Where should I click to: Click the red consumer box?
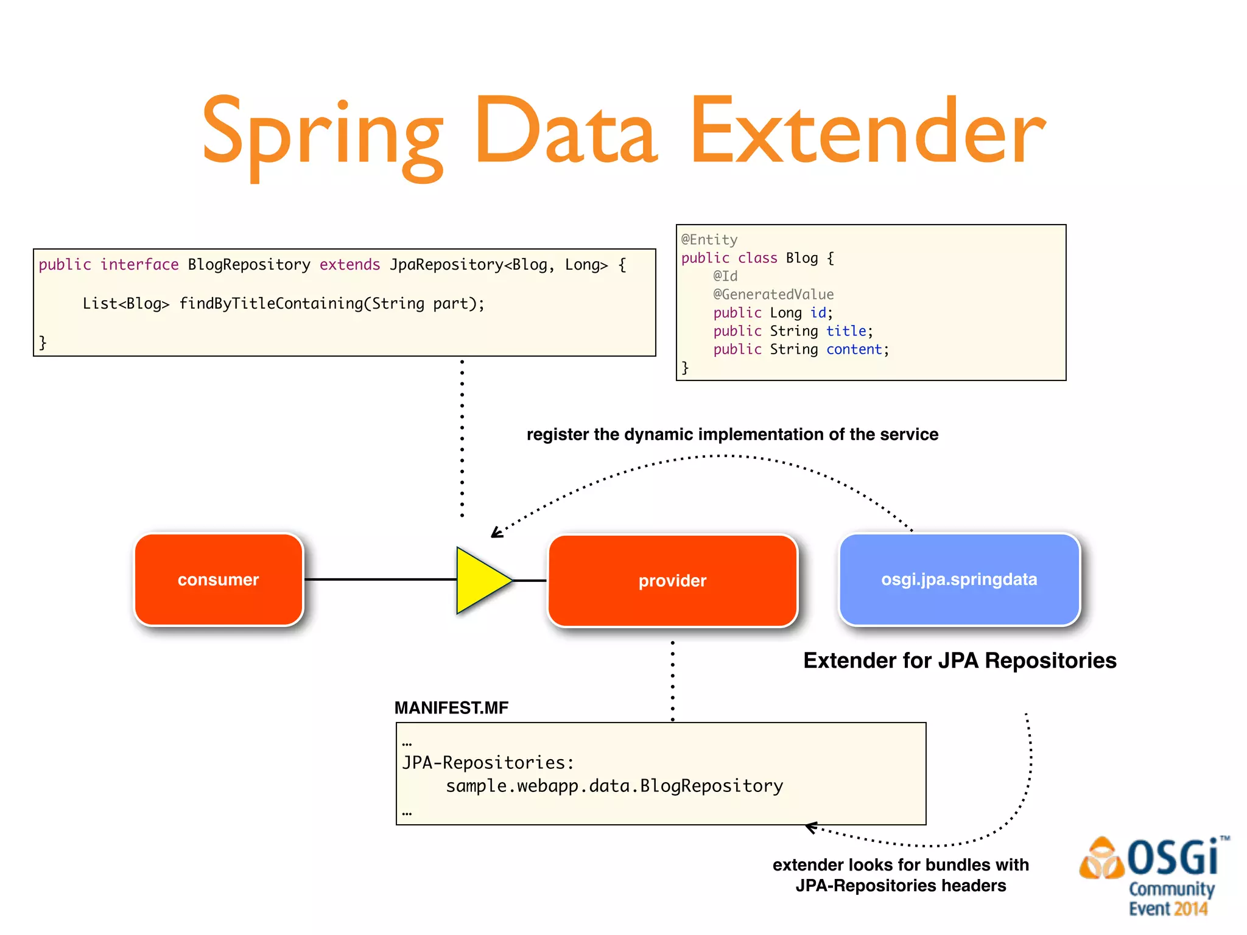[219, 580]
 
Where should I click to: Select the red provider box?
[672, 581]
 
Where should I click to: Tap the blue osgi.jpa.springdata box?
[959, 580]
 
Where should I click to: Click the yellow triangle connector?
[481, 580]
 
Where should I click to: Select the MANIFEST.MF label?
[451, 708]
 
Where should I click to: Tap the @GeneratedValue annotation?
[773, 295]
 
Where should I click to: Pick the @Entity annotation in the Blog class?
[709, 240]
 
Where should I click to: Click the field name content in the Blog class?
[854, 349]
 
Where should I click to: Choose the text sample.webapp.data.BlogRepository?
[614, 786]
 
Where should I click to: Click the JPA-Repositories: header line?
[488, 763]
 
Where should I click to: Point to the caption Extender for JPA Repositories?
[960, 660]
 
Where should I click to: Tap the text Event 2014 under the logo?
[1168, 909]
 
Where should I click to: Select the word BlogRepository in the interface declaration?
[249, 265]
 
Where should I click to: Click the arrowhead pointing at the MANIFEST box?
[810, 827]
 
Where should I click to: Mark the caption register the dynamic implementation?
[732, 435]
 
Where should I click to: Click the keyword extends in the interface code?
[350, 265]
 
